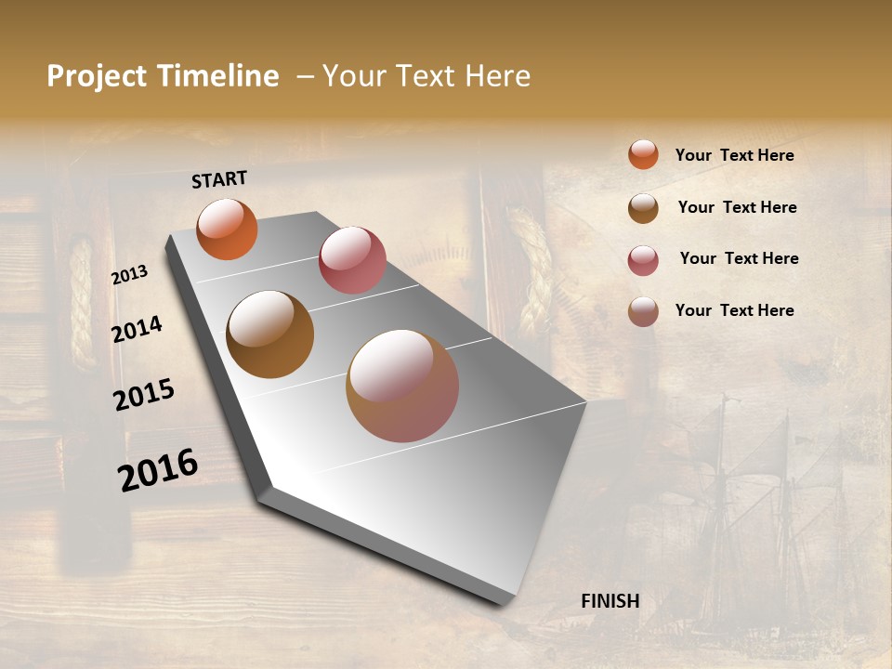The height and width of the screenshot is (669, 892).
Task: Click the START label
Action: [x=219, y=179]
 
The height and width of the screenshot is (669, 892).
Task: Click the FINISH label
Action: [x=610, y=601]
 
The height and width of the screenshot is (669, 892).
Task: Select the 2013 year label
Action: [x=130, y=274]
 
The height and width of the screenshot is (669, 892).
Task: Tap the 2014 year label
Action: [x=138, y=329]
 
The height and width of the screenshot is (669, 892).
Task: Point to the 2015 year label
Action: [x=144, y=395]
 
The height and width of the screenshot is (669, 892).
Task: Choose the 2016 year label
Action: [x=158, y=469]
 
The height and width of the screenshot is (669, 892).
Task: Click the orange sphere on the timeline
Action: [x=227, y=229]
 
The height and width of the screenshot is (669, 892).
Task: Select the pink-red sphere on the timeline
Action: [x=352, y=260]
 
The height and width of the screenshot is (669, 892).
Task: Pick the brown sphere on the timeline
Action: [x=269, y=334]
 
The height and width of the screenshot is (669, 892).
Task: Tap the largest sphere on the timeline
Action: [x=402, y=386]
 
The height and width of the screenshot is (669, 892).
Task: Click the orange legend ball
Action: [x=643, y=154]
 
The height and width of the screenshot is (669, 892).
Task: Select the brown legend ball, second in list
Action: [x=643, y=208]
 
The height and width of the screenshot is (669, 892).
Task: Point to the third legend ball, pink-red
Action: [x=643, y=260]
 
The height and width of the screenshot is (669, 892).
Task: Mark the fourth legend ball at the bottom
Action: [x=643, y=311]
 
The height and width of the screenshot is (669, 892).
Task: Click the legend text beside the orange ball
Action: [x=734, y=155]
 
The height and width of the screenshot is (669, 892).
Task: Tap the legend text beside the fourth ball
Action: [x=734, y=310]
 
